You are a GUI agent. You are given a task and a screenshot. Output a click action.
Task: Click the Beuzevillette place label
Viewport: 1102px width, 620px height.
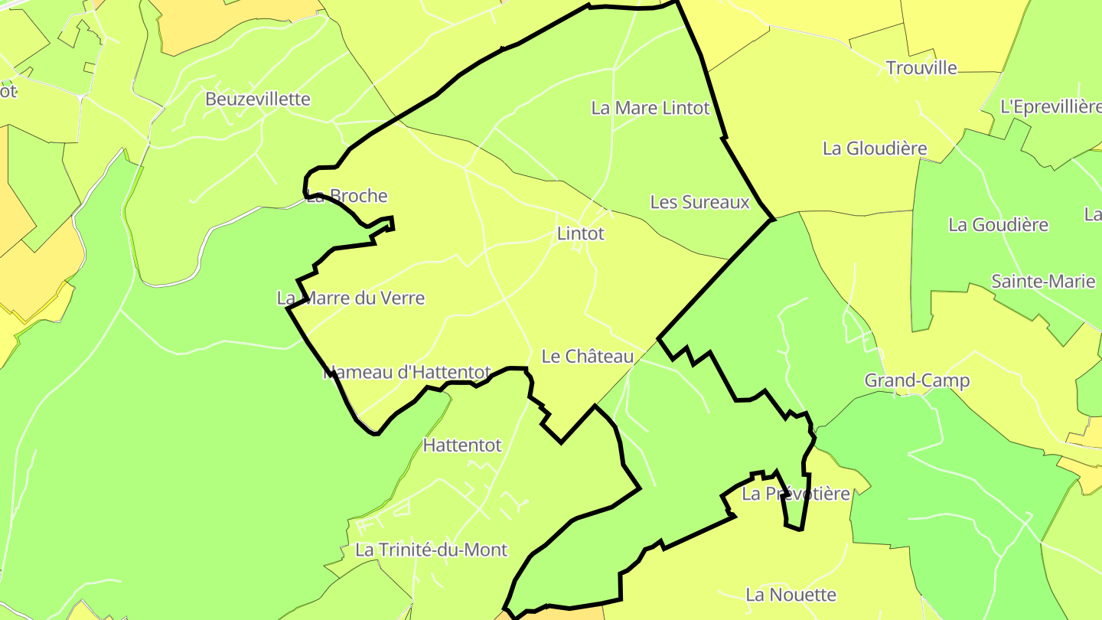click(258, 100)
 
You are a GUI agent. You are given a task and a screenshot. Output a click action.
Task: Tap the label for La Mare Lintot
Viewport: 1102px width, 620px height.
click(650, 109)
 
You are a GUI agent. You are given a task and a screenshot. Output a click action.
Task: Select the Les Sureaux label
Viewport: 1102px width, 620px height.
click(699, 202)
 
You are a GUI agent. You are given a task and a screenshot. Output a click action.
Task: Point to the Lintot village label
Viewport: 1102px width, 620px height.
click(581, 233)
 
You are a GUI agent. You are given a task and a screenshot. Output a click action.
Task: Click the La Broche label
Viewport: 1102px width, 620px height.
click(347, 196)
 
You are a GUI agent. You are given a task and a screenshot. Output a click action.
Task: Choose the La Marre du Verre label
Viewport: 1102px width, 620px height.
click(350, 298)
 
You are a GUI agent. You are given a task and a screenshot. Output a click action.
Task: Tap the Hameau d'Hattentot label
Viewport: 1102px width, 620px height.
click(406, 373)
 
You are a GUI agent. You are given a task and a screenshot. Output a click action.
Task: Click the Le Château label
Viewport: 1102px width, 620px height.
click(588, 357)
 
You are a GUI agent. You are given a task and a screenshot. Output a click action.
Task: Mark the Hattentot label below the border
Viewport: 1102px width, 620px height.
click(462, 445)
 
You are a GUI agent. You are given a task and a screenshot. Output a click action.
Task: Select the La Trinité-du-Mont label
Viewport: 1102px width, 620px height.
click(431, 550)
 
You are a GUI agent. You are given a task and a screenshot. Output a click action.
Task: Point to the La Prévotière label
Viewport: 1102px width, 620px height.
click(796, 494)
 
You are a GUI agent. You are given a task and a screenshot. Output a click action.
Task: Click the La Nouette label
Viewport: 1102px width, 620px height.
click(791, 595)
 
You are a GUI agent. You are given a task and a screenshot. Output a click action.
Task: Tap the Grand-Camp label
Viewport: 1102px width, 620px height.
click(917, 380)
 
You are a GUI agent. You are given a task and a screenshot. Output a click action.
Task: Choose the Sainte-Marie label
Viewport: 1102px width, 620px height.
click(1043, 282)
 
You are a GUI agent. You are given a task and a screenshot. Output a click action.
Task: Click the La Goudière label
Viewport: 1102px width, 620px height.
click(998, 225)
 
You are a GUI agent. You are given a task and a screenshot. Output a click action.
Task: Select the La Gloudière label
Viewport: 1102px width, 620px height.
click(875, 148)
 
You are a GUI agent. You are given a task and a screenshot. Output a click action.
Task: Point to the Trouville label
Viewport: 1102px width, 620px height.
click(921, 68)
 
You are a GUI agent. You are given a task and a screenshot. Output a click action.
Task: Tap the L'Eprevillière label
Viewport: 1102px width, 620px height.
click(1051, 107)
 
